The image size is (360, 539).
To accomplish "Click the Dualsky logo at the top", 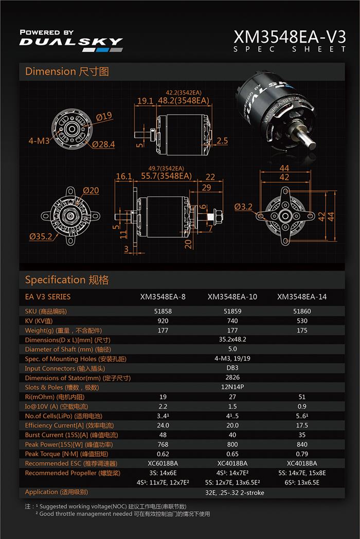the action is (71, 41).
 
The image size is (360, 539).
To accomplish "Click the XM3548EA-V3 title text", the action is (290, 37).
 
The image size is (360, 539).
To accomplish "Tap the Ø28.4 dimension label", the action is (103, 144).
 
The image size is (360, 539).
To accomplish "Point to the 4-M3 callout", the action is (39, 141).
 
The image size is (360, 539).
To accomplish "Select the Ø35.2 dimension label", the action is (41, 236).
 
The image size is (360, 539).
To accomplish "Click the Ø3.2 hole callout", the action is (243, 207).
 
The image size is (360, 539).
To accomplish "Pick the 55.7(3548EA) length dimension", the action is (166, 176).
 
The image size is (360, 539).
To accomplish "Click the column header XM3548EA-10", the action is (232, 296).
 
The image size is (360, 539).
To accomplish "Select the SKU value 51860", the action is (302, 311).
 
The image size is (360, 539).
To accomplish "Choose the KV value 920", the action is (163, 321).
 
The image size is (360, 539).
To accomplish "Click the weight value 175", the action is (302, 330).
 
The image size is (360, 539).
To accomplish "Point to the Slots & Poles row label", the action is (62, 387).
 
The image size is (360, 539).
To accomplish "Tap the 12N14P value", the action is (232, 387).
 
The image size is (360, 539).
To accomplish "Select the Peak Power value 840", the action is (302, 444).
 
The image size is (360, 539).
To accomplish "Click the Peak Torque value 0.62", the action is (163, 454).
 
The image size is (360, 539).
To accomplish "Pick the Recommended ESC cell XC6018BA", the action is (163, 463).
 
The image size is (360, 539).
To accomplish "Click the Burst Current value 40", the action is (232, 435).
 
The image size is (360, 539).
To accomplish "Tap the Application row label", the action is (57, 492).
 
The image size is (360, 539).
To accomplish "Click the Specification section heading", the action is (67, 280).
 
